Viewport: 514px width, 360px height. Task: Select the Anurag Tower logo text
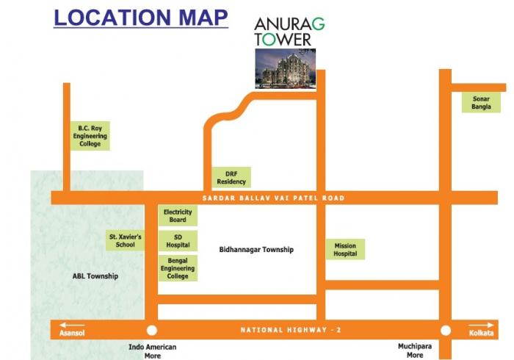(289, 30)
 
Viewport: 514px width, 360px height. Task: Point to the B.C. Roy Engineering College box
(90, 135)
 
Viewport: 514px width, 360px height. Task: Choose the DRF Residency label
(231, 177)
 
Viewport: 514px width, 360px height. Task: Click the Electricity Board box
(178, 216)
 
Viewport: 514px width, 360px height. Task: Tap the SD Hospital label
(178, 241)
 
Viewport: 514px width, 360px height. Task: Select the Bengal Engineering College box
(178, 268)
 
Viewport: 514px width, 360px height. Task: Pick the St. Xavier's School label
(126, 241)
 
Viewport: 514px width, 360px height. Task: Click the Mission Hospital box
(345, 250)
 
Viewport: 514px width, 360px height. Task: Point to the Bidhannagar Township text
(256, 250)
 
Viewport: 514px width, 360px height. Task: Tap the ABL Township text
(95, 276)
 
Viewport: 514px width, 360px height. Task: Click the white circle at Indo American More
(152, 331)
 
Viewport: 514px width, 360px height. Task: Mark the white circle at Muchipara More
(445, 331)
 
